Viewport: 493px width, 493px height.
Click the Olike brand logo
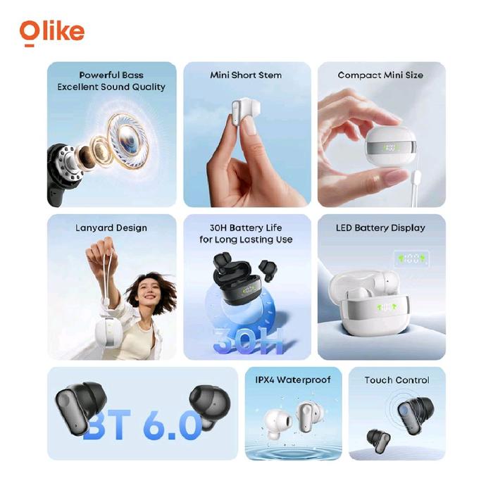tap(52, 33)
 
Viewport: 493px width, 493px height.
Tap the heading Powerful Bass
tap(111, 75)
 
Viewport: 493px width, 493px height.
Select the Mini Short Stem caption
tap(246, 75)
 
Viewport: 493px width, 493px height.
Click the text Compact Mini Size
tap(380, 75)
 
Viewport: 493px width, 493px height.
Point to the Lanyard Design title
tap(111, 228)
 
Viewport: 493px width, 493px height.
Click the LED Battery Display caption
tap(380, 227)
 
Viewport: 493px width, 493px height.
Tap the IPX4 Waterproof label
tap(293, 380)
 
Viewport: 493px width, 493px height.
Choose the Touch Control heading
tap(397, 380)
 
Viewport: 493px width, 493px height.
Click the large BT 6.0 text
tap(143, 425)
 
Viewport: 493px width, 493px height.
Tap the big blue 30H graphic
tap(248, 341)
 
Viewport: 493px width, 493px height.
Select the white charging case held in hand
tap(391, 146)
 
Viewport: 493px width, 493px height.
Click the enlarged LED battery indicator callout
tap(411, 258)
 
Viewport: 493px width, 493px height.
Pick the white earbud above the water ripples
tap(277, 424)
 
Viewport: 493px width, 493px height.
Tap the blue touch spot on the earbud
tap(405, 411)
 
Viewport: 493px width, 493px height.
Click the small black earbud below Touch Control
tap(378, 440)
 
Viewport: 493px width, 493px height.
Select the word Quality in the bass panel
tap(149, 87)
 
